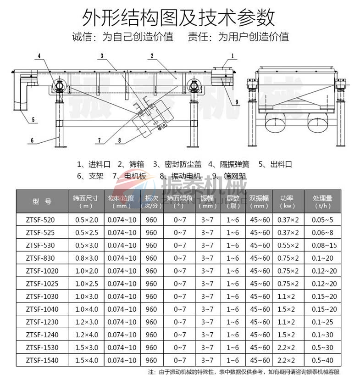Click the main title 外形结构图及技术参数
click(179, 17)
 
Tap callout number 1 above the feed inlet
click(233, 56)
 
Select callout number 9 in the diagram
click(237, 102)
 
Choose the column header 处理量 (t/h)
click(322, 201)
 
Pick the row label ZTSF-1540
click(42, 360)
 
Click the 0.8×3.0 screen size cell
click(86, 258)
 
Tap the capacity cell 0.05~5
click(322, 220)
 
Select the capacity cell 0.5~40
click(322, 360)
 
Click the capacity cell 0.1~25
click(322, 322)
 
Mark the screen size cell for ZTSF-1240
click(86, 335)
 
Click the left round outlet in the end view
click(276, 123)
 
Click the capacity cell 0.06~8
click(322, 233)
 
